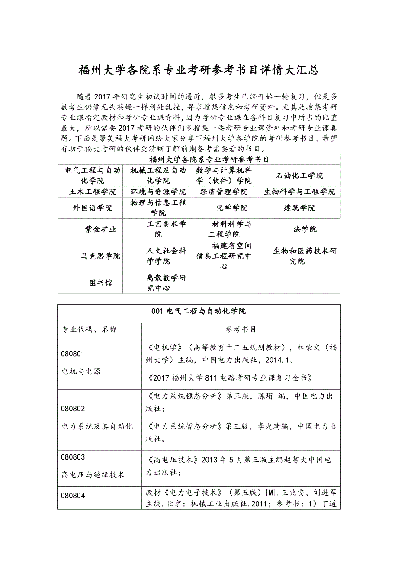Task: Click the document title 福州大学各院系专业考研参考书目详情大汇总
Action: click(199, 70)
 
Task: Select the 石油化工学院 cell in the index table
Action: click(299, 176)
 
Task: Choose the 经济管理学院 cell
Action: click(224, 192)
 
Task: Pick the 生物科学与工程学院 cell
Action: click(299, 192)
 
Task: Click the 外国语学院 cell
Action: click(92, 208)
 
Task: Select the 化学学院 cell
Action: click(232, 208)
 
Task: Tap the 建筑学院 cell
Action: click(299, 208)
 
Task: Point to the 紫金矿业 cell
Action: click(100, 229)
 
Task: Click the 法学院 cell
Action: click(305, 229)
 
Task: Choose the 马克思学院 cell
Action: click(100, 256)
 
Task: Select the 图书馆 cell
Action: click(100, 283)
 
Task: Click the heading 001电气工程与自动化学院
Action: click(199, 311)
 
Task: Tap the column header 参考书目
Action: click(241, 329)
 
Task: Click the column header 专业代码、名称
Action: click(89, 329)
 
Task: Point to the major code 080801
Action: click(73, 354)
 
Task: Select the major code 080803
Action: click(73, 457)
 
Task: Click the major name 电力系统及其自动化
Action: click(97, 426)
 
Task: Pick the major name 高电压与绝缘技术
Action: click(93, 475)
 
